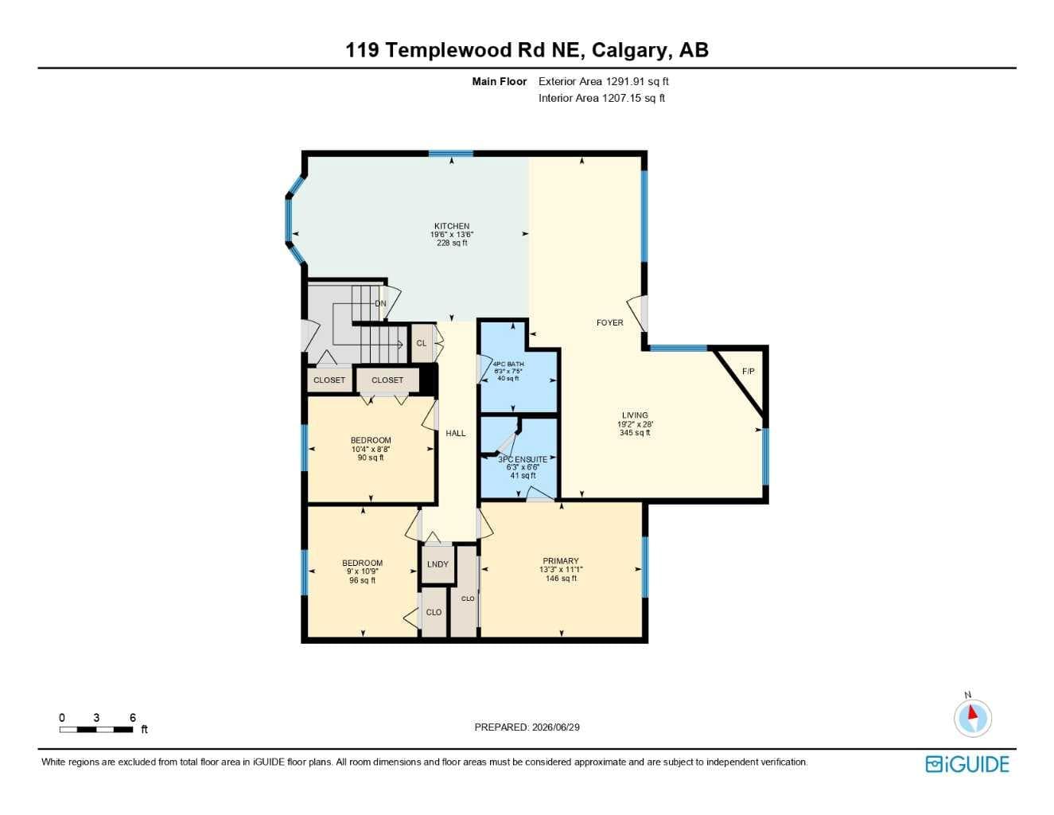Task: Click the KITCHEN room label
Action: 452,226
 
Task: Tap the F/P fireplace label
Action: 748,371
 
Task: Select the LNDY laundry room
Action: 438,564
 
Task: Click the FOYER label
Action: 609,322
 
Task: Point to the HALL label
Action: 456,433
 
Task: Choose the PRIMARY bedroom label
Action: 561,561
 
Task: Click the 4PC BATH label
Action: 508,364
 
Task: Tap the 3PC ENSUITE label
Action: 523,459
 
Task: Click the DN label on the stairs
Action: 380,304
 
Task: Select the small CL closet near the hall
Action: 422,343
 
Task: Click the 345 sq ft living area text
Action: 635,433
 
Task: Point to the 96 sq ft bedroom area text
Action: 362,580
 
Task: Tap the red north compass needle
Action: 971,712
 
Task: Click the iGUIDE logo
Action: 967,764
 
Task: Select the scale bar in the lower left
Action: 96,729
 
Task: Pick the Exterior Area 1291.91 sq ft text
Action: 604,81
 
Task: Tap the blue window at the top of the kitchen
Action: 450,154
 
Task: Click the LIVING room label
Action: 635,415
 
